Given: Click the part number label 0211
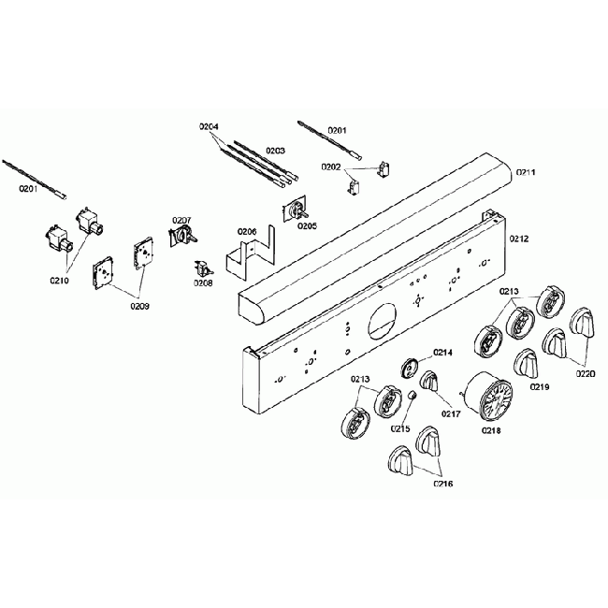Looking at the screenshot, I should coord(526,173).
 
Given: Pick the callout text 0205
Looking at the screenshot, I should coord(307,225).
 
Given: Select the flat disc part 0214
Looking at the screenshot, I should coord(411,367).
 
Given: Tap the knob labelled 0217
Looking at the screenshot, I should coord(429,382).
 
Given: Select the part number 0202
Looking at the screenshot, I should coord(330,167).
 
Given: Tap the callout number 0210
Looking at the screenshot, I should coord(60,278).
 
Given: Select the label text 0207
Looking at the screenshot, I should coord(181,221).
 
